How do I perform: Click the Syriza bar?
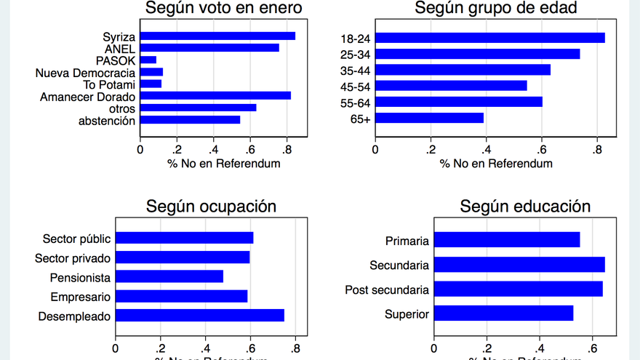(x=217, y=36)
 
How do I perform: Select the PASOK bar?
(x=148, y=60)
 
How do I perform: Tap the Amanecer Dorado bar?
(x=215, y=95)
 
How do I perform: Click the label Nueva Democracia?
(x=85, y=72)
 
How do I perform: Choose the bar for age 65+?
(x=429, y=117)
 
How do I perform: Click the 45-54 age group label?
(x=355, y=86)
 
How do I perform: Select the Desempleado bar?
(x=200, y=316)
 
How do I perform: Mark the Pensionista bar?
(x=169, y=276)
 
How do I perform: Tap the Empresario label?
(x=80, y=297)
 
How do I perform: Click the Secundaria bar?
(x=519, y=264)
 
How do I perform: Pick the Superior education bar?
(x=503, y=313)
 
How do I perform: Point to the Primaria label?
(x=407, y=241)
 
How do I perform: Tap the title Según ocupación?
(x=211, y=206)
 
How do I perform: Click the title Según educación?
(x=524, y=206)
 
